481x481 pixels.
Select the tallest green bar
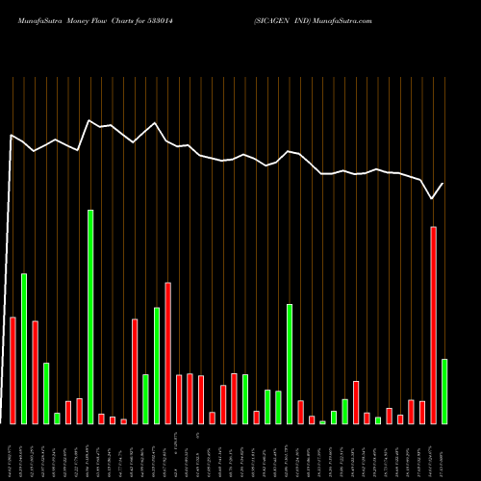[90, 316]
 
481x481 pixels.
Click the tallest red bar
[433, 325]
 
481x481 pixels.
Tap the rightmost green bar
[443, 391]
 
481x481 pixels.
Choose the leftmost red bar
[13, 370]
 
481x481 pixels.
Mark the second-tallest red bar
[167, 353]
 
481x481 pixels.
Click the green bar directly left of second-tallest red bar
[157, 366]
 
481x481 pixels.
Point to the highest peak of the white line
[89, 120]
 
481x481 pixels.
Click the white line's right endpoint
[443, 183]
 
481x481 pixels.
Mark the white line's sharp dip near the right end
[432, 198]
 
